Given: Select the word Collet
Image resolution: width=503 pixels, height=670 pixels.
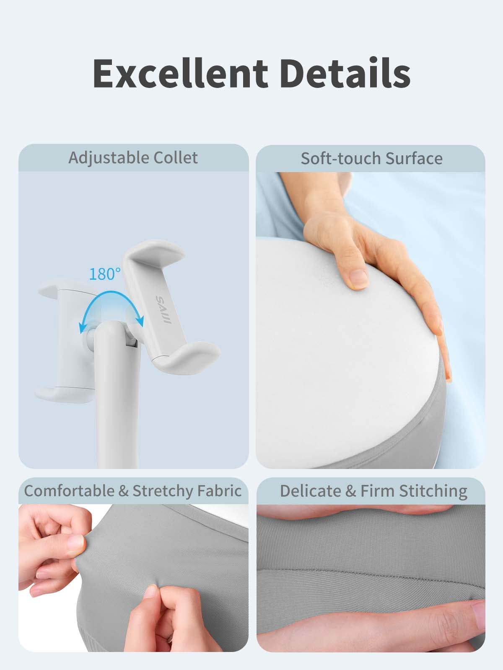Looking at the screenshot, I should (176, 158).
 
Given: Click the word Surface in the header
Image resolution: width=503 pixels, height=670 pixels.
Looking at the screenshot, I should (414, 159).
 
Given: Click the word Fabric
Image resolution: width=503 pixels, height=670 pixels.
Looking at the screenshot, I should (222, 491).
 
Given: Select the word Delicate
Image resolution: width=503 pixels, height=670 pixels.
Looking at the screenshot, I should (311, 491).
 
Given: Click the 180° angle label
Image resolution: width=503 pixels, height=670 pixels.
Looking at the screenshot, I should (104, 274).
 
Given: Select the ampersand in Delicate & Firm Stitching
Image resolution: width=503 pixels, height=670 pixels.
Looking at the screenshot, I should (351, 491).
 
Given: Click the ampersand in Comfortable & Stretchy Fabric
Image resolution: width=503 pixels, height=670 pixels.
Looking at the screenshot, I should (123, 491).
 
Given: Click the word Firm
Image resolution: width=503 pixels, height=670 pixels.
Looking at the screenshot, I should (377, 491).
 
